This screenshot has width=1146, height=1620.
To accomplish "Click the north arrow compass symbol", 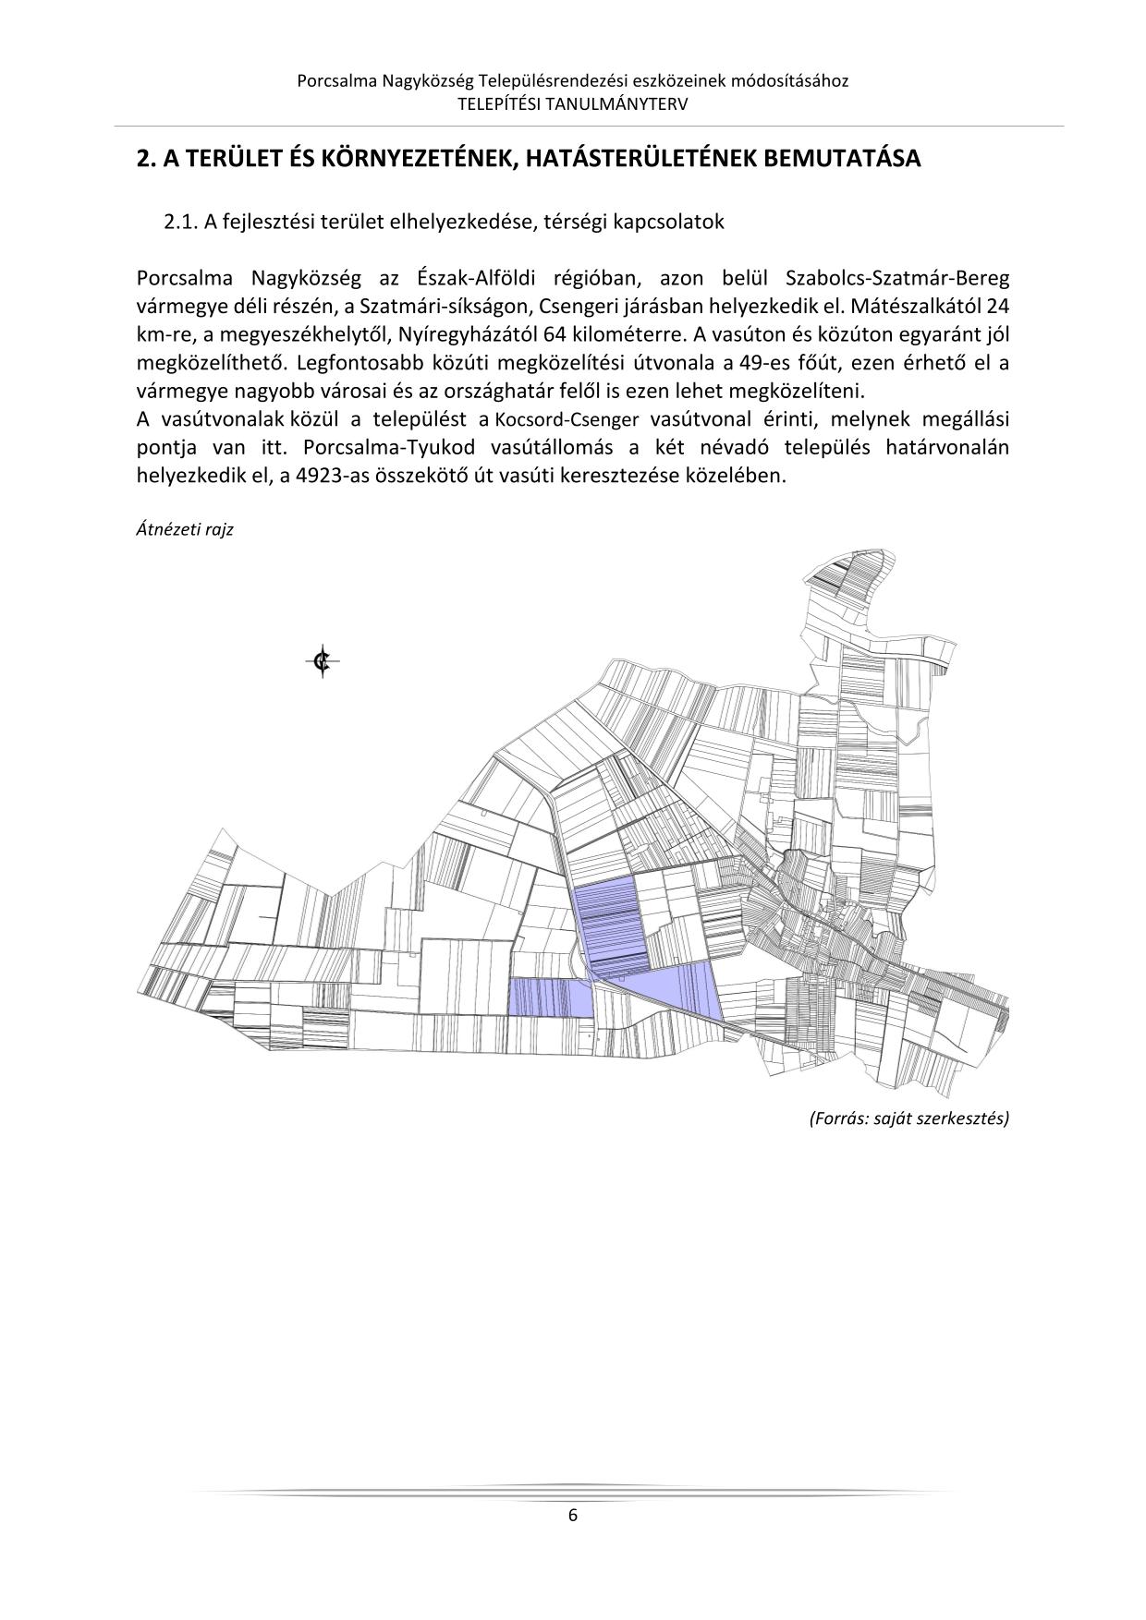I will click(x=323, y=660).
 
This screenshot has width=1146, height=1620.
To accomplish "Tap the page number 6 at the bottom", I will click(x=573, y=1515).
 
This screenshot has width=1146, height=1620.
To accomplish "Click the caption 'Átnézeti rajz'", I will click(x=184, y=530).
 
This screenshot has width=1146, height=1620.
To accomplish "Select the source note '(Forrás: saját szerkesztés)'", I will click(x=909, y=1118).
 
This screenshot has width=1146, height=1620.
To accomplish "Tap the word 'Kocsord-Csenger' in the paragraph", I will click(x=567, y=419).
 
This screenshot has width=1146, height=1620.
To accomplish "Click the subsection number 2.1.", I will click(x=181, y=223).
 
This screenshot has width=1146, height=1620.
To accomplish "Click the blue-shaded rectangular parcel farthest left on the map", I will click(x=550, y=998).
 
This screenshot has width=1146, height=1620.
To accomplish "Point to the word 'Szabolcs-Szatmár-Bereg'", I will click(x=896, y=278).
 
